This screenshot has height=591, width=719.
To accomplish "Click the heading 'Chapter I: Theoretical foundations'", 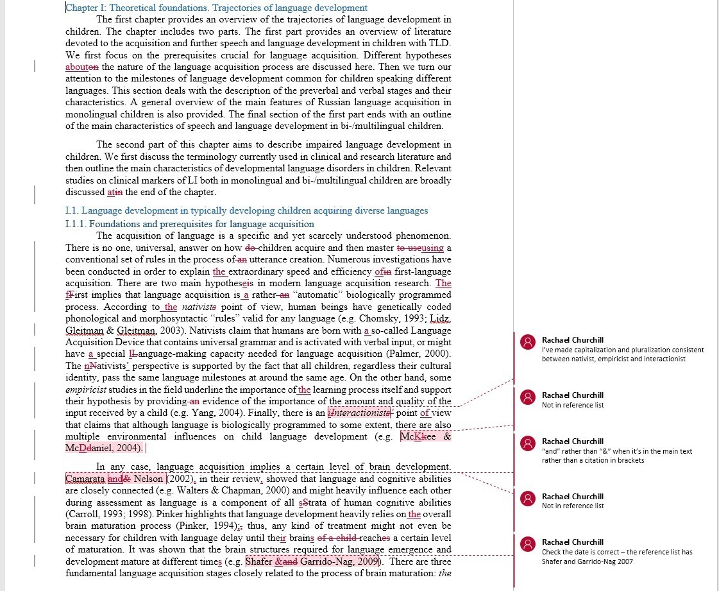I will point(217,8).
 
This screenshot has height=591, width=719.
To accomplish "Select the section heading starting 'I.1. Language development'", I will point(246,210).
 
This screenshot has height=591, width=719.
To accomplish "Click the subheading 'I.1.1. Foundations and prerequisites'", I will point(190,224).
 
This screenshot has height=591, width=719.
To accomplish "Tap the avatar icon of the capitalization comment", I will point(528,342).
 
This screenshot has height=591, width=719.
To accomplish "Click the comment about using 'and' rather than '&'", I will point(616,450).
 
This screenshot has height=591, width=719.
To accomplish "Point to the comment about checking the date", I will point(616,551).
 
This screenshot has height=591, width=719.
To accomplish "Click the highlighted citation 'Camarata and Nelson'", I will point(115,479).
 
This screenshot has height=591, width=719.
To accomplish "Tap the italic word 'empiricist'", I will point(87,390).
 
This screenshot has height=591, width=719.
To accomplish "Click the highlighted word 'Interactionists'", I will point(359,413).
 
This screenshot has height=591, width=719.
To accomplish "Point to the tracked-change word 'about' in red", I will point(76,67).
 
